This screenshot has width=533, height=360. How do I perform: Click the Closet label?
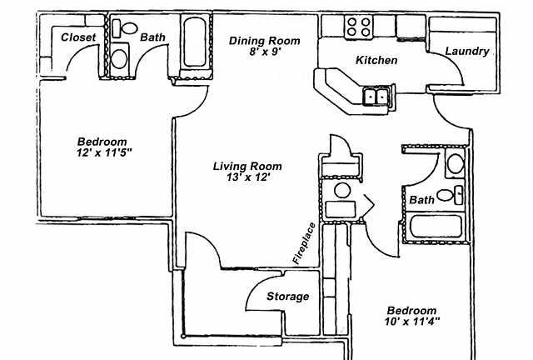click(78, 37)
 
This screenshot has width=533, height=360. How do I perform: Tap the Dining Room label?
click(265, 41)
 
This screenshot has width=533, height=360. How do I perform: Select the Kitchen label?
click(376, 60)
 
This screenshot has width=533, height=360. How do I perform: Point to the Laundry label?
click(467, 52)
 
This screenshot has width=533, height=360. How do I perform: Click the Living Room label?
click(247, 167)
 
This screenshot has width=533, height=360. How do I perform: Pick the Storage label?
click(287, 297)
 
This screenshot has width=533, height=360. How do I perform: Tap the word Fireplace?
click(304, 243)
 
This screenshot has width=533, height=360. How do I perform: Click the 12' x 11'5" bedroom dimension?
click(104, 152)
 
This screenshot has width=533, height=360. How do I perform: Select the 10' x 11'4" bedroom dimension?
click(412, 321)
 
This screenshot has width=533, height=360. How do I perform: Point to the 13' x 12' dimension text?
click(248, 177)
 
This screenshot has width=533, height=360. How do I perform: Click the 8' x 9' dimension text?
click(265, 52)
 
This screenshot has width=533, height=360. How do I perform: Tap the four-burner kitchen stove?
click(359, 27)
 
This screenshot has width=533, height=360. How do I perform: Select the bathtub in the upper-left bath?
click(195, 42)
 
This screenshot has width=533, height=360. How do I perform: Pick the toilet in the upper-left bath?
click(125, 28)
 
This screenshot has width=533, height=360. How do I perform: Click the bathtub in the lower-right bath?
click(436, 227)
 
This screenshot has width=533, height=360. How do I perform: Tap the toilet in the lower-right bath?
click(450, 195)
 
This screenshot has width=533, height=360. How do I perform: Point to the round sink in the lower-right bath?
click(456, 163)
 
